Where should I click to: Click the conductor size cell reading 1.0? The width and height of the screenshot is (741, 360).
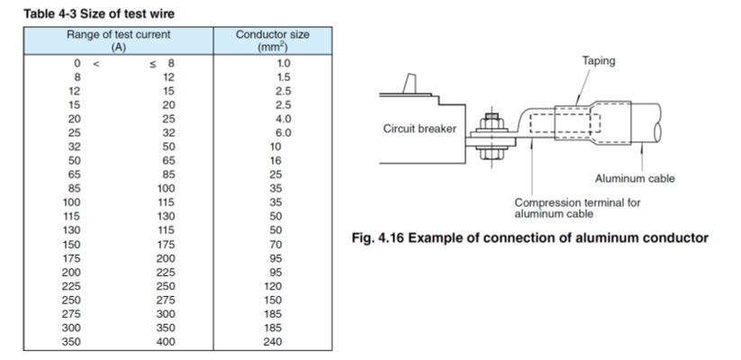click(x=284, y=64)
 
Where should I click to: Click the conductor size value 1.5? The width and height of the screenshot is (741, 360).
click(x=284, y=77)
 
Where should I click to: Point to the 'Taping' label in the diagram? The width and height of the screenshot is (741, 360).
click(x=599, y=61)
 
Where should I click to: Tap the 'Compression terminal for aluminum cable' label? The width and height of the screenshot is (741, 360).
click(x=577, y=208)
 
